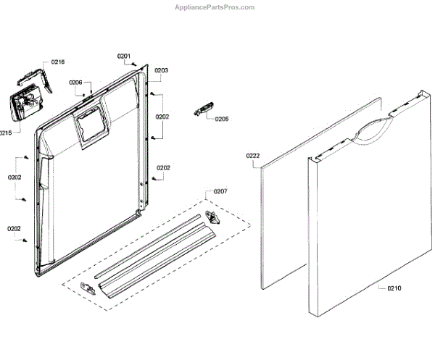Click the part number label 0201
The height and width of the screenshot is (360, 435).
124,56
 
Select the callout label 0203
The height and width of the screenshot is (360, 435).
161,70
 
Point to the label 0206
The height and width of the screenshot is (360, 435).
76,83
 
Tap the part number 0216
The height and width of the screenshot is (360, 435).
57,62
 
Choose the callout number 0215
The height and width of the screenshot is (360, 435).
5,133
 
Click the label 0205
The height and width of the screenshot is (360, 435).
221,119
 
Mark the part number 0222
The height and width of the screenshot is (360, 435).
252,156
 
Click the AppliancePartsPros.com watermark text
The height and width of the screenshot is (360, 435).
215,7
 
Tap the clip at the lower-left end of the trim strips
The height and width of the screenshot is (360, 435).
90,287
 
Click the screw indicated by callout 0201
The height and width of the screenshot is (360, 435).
134,64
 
